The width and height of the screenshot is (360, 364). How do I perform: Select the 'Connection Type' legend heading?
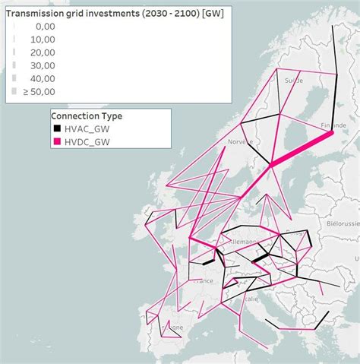[x=87, y=116]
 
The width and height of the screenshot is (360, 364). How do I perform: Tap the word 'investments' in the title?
[x=107, y=11]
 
